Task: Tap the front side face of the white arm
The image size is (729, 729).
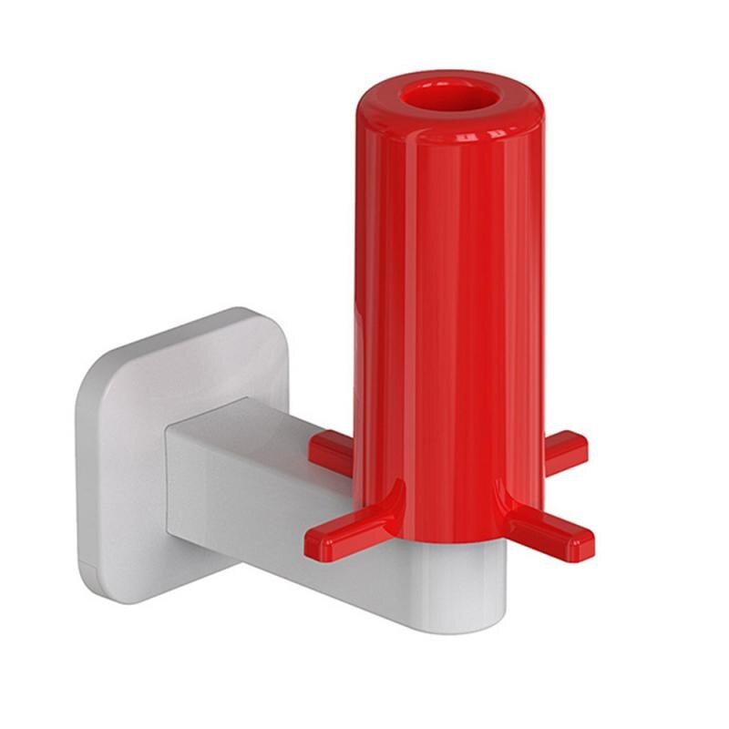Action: coord(255,519)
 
